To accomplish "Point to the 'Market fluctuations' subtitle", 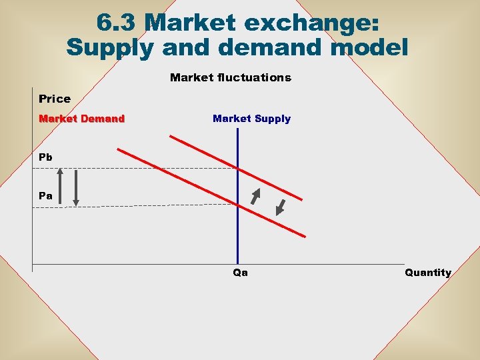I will pyautogui.click(x=230, y=77).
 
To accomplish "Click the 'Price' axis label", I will pyautogui.click(x=55, y=99).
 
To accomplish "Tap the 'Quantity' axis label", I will pyautogui.click(x=427, y=272).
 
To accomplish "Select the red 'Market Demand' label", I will pyautogui.click(x=81, y=119).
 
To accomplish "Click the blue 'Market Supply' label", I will pyautogui.click(x=251, y=119).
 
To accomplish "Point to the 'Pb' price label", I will pyautogui.click(x=45, y=157).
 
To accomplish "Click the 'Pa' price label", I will pyautogui.click(x=45, y=196).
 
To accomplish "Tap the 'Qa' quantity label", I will pyautogui.click(x=240, y=272).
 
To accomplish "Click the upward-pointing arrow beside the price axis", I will pyautogui.click(x=60, y=187).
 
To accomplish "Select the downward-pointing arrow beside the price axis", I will pyautogui.click(x=76, y=187).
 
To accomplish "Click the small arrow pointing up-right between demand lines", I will pyautogui.click(x=255, y=195).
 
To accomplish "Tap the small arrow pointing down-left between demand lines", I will pyautogui.click(x=280, y=207).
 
